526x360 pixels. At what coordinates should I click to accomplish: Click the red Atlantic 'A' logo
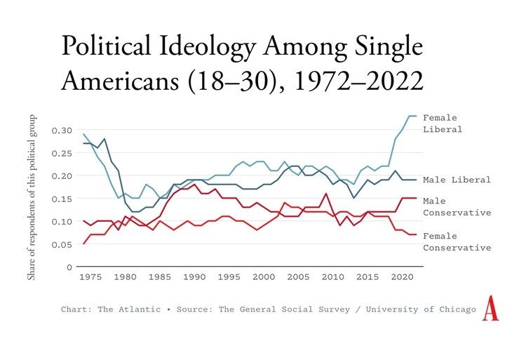pyautogui.click(x=490, y=309)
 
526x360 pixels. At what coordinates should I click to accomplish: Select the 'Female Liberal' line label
pyautogui.click(x=443, y=124)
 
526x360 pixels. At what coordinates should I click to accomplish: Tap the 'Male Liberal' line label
pyautogui.click(x=457, y=180)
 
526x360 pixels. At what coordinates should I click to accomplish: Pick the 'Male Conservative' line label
pyautogui.click(x=457, y=206)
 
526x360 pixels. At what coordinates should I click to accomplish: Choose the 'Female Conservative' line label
pyautogui.click(x=457, y=242)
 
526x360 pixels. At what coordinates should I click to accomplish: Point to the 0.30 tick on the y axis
pyautogui.click(x=61, y=131)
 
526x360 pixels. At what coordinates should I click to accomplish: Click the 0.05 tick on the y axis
pyautogui.click(x=61, y=244)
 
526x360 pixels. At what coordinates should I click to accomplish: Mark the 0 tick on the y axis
pyautogui.click(x=68, y=267)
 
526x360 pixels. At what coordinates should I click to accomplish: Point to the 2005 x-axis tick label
pyautogui.click(x=297, y=278)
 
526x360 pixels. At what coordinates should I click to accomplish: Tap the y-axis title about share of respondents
pyautogui.click(x=32, y=196)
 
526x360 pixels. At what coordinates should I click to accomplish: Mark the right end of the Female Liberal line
pyautogui.click(x=416, y=116)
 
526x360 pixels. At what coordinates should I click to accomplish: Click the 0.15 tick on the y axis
pyautogui.click(x=61, y=199)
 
